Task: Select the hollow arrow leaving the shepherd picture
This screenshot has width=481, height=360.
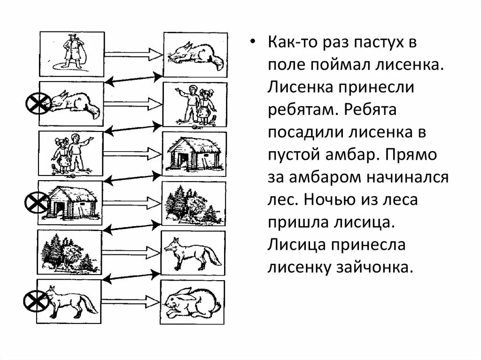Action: (133, 54)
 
